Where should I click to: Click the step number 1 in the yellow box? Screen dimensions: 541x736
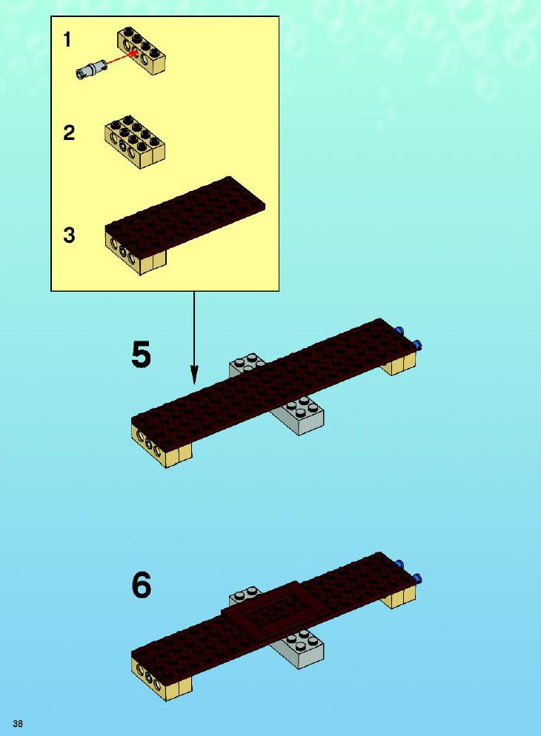tap(67, 39)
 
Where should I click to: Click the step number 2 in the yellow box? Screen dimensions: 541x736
tap(69, 133)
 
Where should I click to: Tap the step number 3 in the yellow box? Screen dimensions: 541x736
tap(69, 235)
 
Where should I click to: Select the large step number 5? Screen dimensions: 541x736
tap(141, 355)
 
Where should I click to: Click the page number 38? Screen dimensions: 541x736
tap(18, 723)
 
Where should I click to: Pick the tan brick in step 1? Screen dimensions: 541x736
tap(142, 50)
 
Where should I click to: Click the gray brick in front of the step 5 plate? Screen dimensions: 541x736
tap(298, 415)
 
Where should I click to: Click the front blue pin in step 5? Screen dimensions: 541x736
tap(417, 346)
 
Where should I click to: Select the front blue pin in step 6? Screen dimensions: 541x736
tap(417, 579)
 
